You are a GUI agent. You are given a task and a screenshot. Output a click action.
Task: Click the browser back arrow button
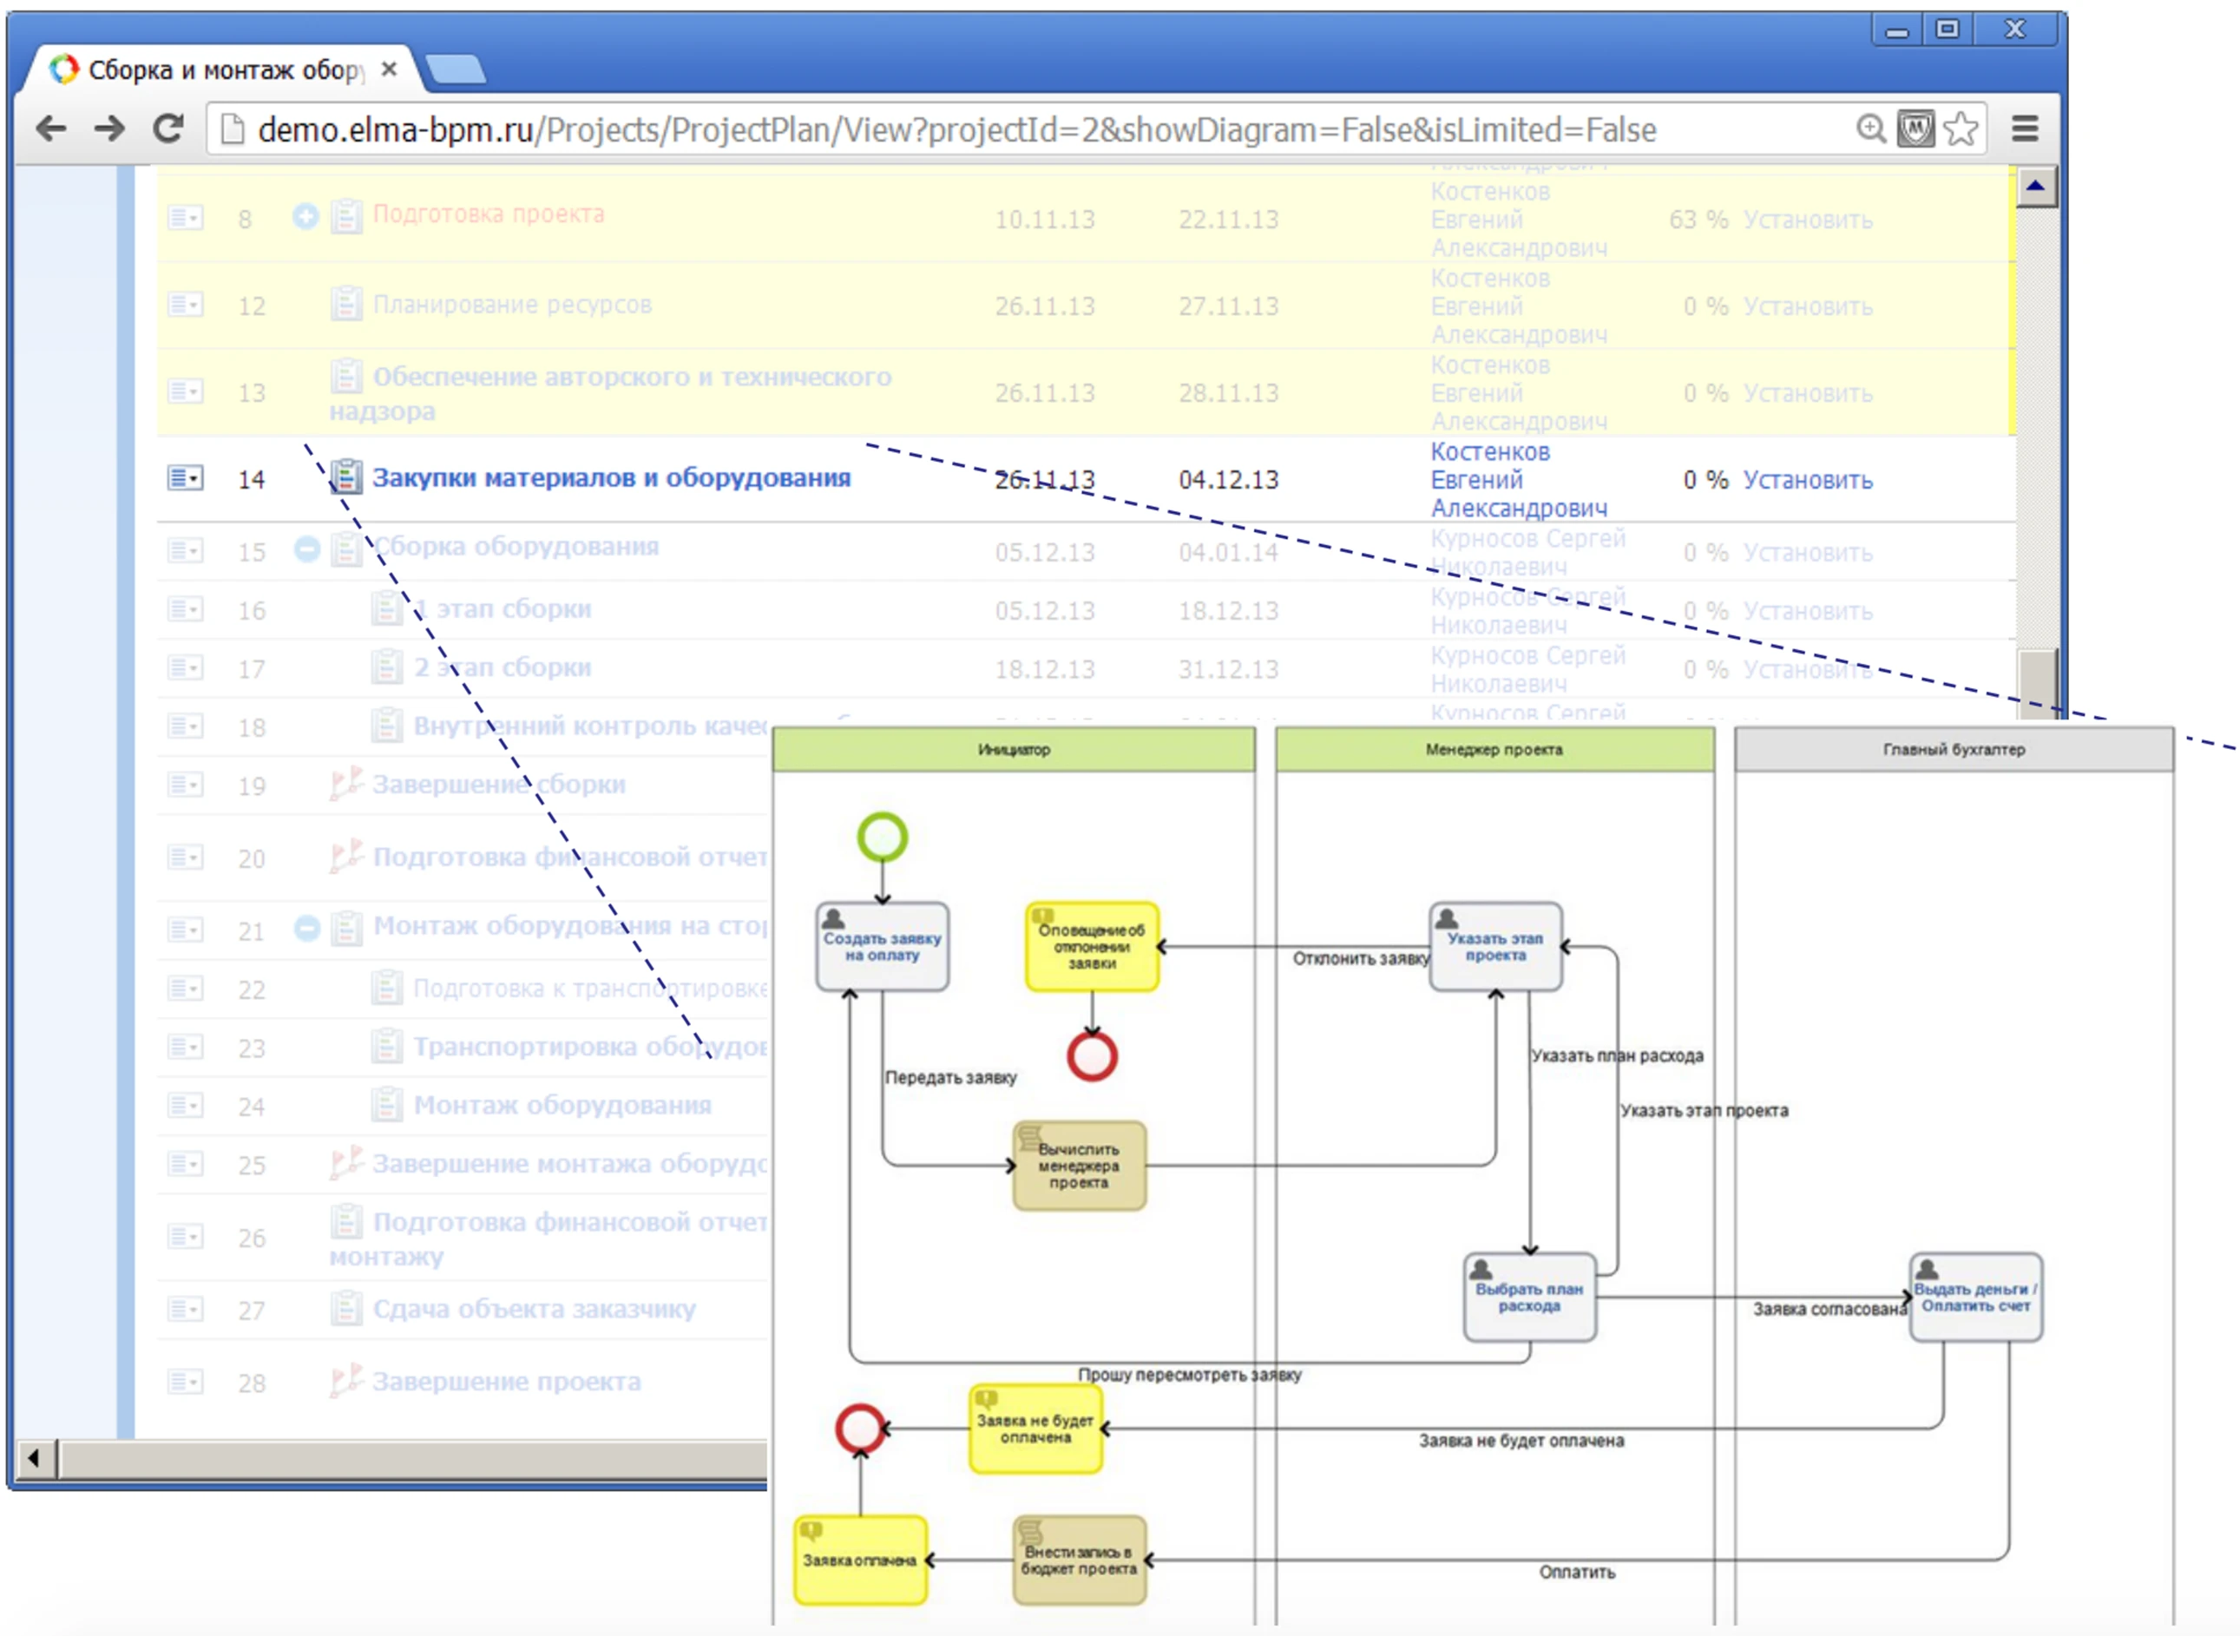pyautogui.click(x=50, y=128)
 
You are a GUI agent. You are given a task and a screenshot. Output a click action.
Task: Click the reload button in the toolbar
pyautogui.click(x=168, y=128)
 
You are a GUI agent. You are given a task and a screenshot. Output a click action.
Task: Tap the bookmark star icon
pyautogui.click(x=1960, y=128)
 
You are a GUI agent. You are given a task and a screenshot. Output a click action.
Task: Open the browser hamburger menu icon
pyautogui.click(x=2025, y=128)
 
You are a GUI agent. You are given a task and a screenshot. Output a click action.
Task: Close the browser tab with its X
pyautogui.click(x=389, y=69)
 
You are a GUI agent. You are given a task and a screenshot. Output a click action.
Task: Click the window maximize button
pyautogui.click(x=1947, y=29)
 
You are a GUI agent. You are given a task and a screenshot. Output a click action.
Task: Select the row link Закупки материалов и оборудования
pyautogui.click(x=611, y=478)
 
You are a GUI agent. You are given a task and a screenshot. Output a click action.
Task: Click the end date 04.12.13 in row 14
pyautogui.click(x=1228, y=480)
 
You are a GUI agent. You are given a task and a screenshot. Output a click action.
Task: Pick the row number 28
pyautogui.click(x=252, y=1383)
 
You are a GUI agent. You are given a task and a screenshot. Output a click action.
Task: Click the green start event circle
pyautogui.click(x=882, y=838)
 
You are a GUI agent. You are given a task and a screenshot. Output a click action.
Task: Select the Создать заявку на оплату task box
pyautogui.click(x=882, y=947)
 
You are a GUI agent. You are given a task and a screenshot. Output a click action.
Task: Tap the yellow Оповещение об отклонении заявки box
pyautogui.click(x=1091, y=947)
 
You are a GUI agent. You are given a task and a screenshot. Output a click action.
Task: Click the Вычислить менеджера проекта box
pyautogui.click(x=1079, y=1166)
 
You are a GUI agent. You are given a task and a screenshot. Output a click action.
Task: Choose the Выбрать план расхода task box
pyautogui.click(x=1529, y=1298)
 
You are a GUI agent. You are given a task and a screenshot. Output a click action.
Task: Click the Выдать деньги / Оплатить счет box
pyautogui.click(x=1974, y=1298)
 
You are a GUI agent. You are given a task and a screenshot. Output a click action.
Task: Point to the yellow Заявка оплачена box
pyautogui.click(x=859, y=1560)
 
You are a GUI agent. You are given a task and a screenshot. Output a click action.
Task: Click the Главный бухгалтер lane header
pyautogui.click(x=1953, y=750)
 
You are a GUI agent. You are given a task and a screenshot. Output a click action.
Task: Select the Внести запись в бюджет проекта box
pyautogui.click(x=1079, y=1560)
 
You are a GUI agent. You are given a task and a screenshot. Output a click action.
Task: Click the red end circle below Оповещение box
pyautogui.click(x=1091, y=1056)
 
